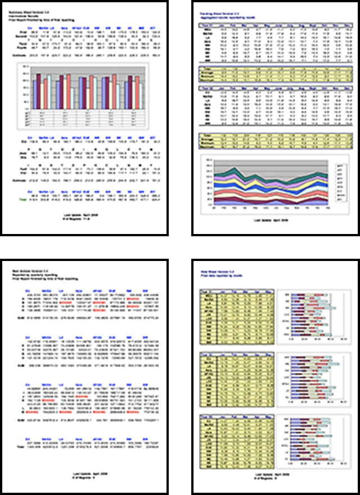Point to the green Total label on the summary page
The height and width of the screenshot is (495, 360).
(x=23, y=199)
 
